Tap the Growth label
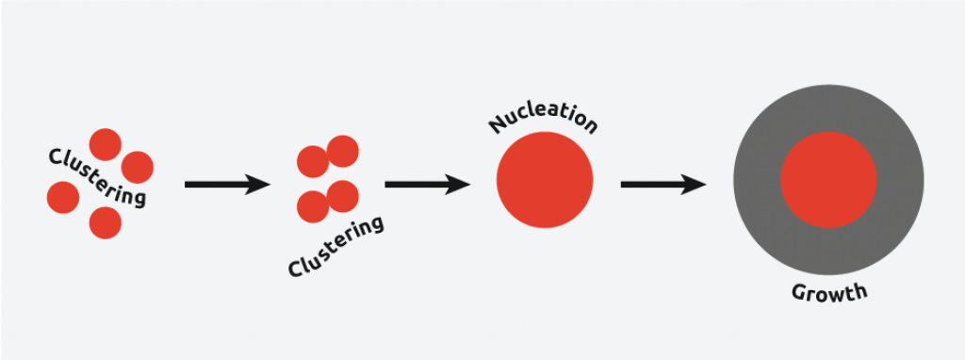click(x=827, y=292)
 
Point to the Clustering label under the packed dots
click(x=336, y=247)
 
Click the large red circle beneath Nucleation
click(x=545, y=180)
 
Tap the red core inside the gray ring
click(x=828, y=180)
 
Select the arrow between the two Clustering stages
click(x=227, y=185)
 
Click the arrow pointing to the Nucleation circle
click(x=428, y=185)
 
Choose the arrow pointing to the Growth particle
click(x=663, y=185)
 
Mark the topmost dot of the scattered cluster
click(x=105, y=145)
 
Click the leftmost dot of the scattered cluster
click(x=63, y=197)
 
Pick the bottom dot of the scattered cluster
click(x=105, y=222)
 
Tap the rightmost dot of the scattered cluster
click(x=138, y=167)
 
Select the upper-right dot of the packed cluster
click(x=342, y=151)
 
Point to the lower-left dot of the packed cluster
click(x=313, y=205)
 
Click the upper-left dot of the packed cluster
click(x=313, y=161)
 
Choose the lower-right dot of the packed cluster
click(x=342, y=196)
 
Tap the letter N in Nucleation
click(x=497, y=125)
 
